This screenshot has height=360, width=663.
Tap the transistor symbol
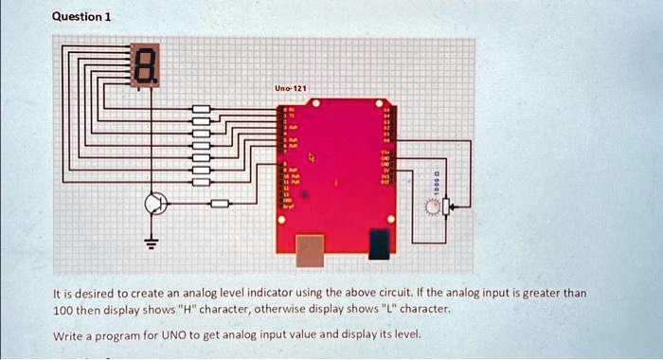click(x=155, y=204)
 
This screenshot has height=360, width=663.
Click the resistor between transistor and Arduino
click(x=219, y=204)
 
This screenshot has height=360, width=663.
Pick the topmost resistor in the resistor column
click(x=201, y=110)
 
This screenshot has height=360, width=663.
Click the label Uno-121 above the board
click(x=289, y=88)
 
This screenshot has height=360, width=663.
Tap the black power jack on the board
click(x=379, y=243)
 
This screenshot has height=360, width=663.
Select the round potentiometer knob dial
click(x=433, y=207)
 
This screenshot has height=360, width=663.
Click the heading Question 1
click(x=81, y=16)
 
